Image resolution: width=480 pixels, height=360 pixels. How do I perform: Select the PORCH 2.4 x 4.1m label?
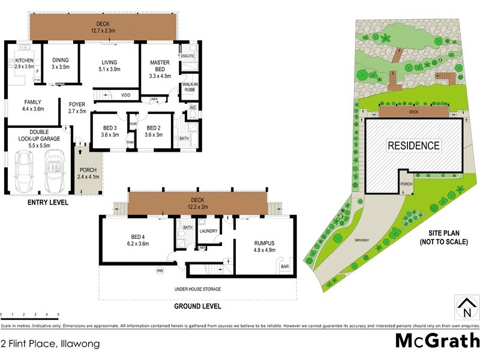coord(88,173)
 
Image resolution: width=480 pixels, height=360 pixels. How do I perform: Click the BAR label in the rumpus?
coord(285,266)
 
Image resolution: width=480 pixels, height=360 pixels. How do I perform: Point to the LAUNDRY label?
coord(208,231)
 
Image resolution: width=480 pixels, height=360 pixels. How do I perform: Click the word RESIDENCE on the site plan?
coord(413,145)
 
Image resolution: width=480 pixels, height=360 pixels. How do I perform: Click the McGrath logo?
coord(436,341)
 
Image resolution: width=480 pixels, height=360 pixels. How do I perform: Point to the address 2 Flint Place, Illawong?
coord(50,344)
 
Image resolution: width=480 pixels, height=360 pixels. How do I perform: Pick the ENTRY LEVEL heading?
coord(47,203)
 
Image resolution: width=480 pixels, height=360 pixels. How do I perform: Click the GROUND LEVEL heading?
coord(197,306)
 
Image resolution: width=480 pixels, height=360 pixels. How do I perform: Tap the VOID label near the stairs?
coord(125,95)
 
